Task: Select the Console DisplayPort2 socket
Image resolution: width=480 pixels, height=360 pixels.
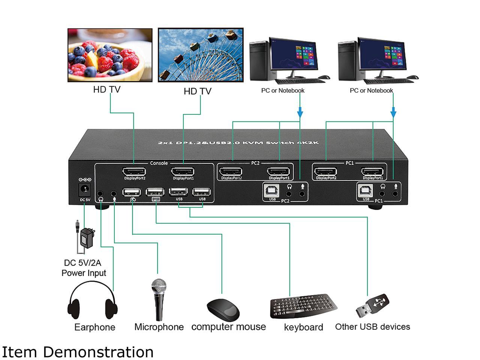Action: coord(134,172)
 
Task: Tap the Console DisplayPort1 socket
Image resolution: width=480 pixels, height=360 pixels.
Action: coord(183,172)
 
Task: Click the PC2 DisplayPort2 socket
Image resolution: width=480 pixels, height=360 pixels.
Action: coord(231,172)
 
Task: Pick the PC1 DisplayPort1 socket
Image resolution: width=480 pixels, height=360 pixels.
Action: coord(373,172)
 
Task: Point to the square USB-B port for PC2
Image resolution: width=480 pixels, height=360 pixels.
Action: coord(272,191)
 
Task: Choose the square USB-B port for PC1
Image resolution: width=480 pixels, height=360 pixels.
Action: coord(366,191)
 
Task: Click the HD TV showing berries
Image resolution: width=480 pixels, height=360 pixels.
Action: coord(110,55)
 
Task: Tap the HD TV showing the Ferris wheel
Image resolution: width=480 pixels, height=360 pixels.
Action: coord(201,55)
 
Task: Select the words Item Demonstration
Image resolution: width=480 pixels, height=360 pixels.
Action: coord(78,352)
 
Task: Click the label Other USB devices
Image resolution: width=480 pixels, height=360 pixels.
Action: coord(372,327)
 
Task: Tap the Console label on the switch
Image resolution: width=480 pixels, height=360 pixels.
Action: coord(159,163)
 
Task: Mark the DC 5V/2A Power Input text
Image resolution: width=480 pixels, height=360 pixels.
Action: coord(84,268)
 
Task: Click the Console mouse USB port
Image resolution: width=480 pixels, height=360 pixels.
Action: coord(132,192)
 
